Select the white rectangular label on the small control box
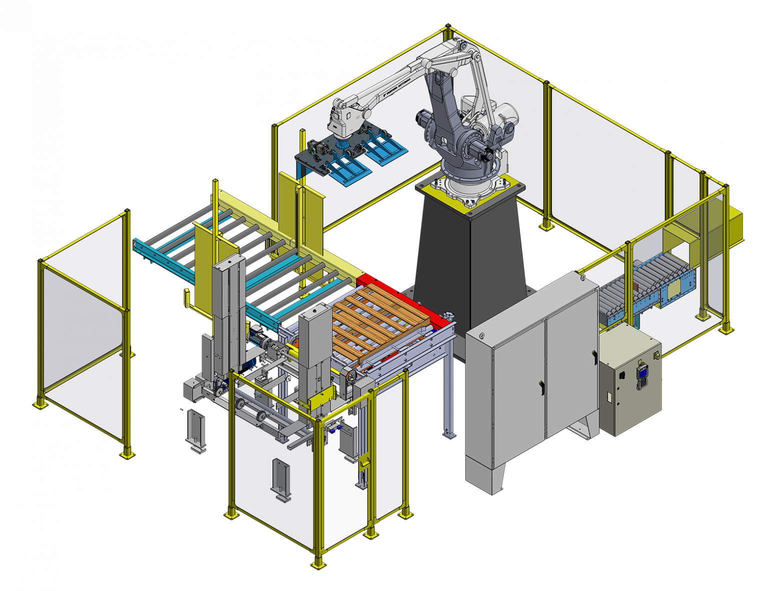608,398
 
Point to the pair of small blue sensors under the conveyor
333,428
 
